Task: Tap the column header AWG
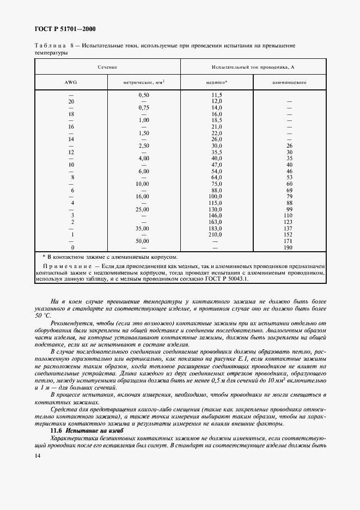pyautogui.click(x=71, y=83)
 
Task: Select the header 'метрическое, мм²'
pyautogui.click(x=144, y=83)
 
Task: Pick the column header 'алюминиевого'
pyautogui.click(x=290, y=83)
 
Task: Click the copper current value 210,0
pyautogui.click(x=217, y=234)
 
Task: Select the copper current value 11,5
pyautogui.click(x=217, y=95)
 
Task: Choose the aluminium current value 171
pyautogui.click(x=290, y=241)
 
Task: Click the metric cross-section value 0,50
pyautogui.click(x=144, y=95)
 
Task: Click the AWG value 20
pyautogui.click(x=71, y=101)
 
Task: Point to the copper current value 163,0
pyautogui.click(x=217, y=222)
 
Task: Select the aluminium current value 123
pyautogui.click(x=290, y=222)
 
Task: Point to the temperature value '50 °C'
pyautogui.click(x=43, y=315)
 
